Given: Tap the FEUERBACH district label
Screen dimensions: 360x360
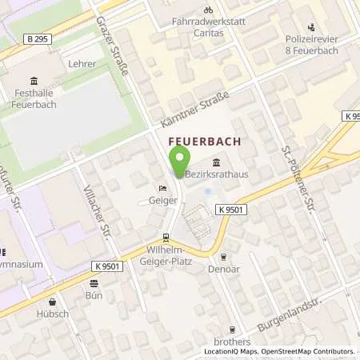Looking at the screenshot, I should point(204,141).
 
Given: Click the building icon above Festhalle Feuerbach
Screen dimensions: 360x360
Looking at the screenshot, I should point(33,81).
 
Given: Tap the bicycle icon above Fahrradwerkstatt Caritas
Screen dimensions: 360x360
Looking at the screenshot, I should point(207,10).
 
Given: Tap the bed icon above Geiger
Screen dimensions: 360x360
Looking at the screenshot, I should point(163,189).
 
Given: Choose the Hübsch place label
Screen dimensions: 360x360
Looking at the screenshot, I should point(52,314).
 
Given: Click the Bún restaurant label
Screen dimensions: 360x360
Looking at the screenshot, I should point(95,294).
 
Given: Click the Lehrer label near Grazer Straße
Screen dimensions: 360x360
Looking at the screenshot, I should point(82,63).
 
